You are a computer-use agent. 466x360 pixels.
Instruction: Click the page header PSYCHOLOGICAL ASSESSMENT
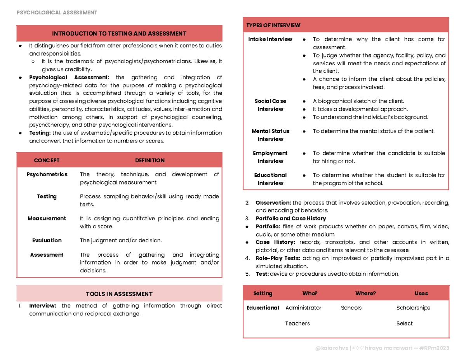pos(57,12)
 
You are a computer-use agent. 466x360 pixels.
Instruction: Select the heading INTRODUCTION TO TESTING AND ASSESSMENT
pos(119,34)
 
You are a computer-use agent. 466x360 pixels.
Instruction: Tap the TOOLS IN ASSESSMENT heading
pos(119,294)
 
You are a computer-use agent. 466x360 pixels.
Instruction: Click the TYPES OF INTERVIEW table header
pos(273,25)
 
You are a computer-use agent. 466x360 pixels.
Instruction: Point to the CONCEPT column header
pos(47,160)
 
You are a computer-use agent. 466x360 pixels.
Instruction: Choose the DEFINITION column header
pos(150,160)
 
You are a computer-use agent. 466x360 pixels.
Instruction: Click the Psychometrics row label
pos(47,174)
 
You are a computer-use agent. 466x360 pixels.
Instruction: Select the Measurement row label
pos(47,218)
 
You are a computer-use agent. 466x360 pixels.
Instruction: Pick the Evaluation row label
pos(47,240)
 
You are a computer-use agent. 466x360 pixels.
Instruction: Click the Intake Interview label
pos(270,39)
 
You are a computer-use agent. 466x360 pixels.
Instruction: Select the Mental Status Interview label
pos(270,135)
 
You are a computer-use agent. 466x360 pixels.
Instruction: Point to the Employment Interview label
pos(270,157)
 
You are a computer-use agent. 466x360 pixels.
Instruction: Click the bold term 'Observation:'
pos(273,203)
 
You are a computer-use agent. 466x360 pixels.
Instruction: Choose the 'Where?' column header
pos(365,294)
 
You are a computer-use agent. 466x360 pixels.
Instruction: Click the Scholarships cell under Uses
pos(413,308)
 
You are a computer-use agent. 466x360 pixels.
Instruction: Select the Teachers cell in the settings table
pos(297,323)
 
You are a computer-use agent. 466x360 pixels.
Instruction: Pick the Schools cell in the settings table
pos(351,308)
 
